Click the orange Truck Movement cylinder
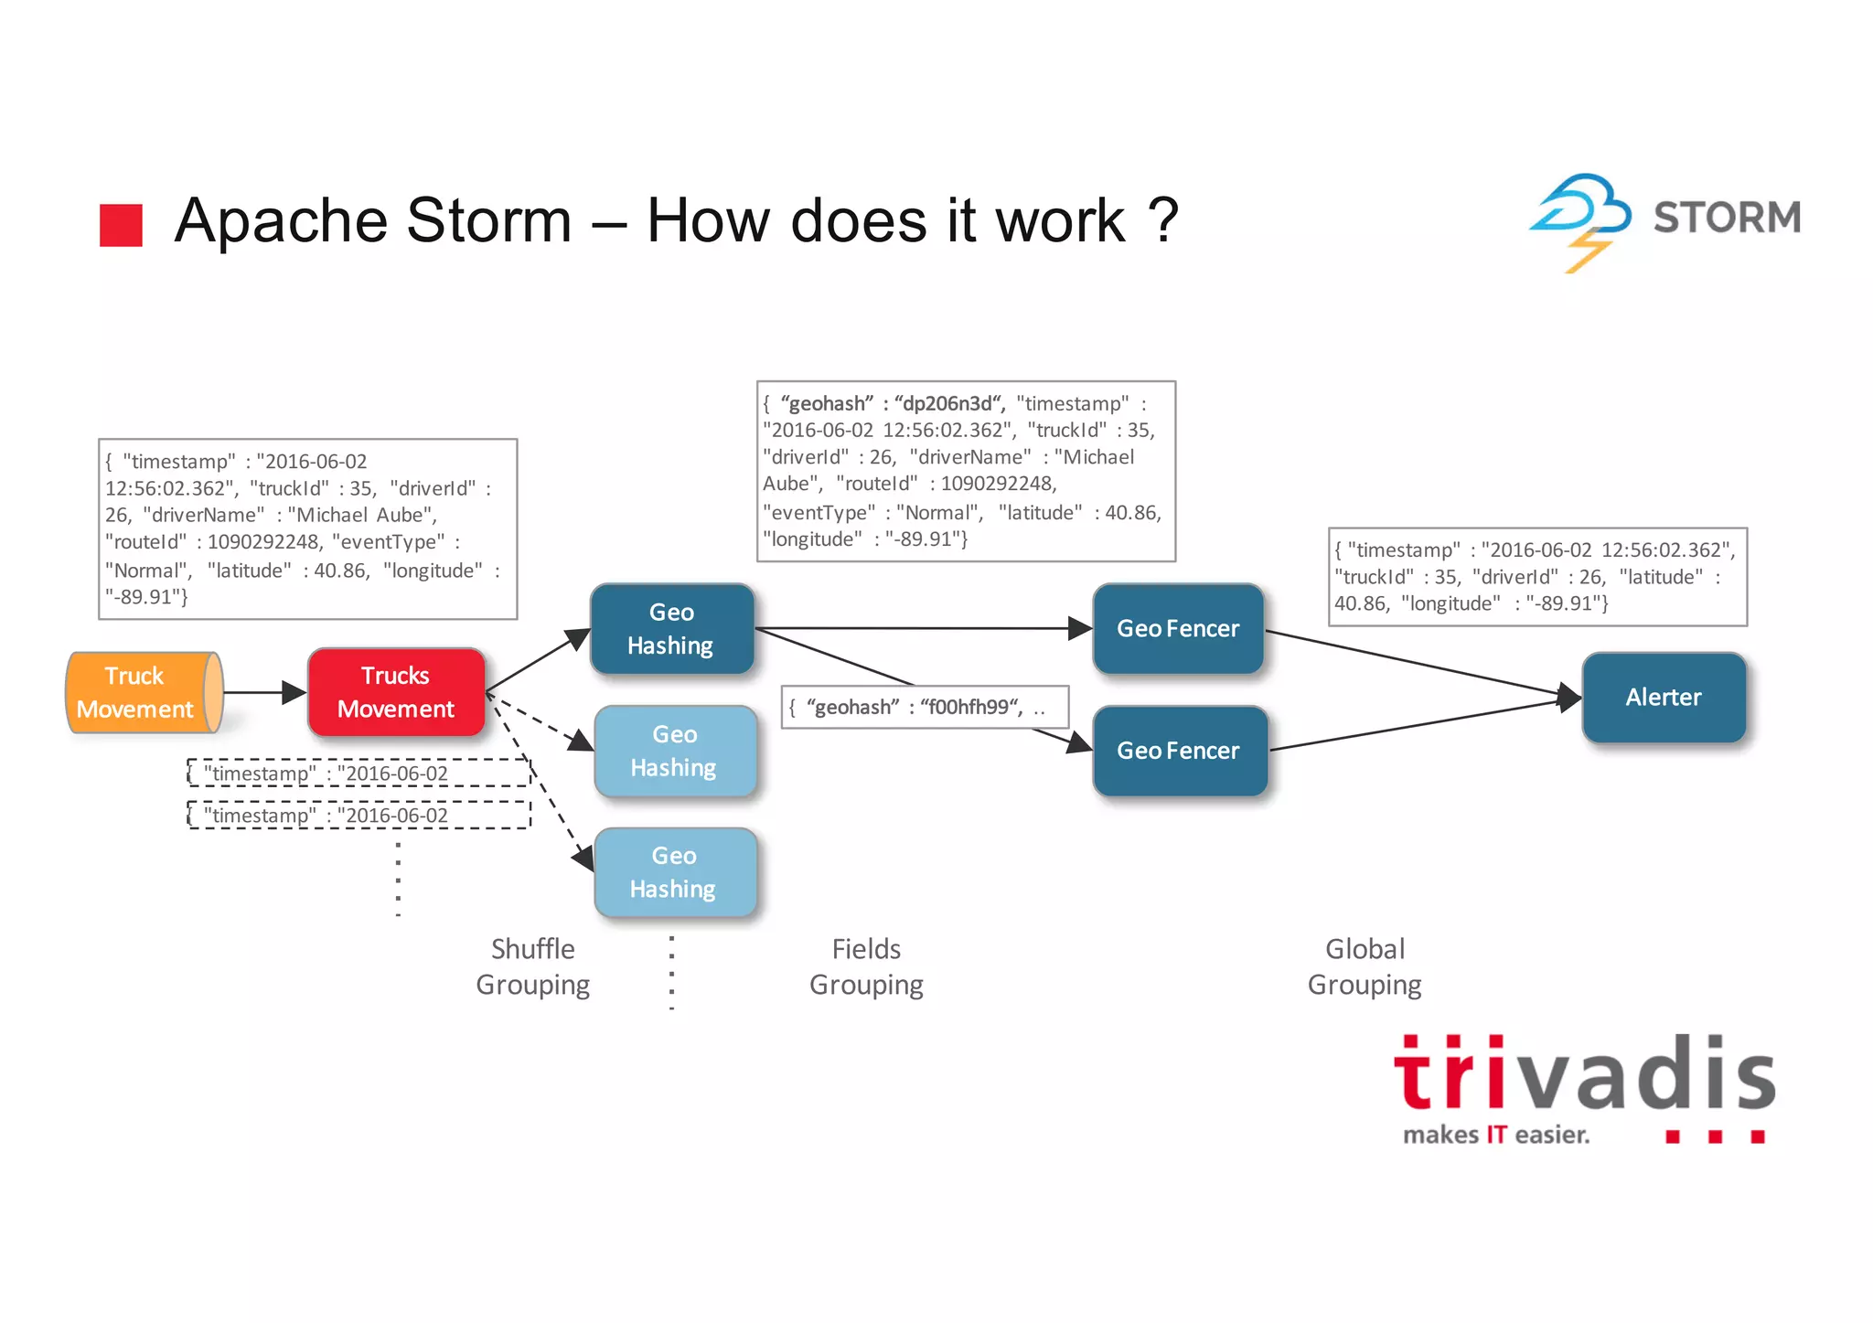click(142, 692)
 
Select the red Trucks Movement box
click(396, 692)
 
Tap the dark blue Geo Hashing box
click(672, 629)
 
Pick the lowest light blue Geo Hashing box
click(675, 872)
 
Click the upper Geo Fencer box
click(1178, 629)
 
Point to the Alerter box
click(1664, 698)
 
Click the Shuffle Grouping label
click(533, 966)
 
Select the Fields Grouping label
click(866, 966)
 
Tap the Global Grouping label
click(1365, 966)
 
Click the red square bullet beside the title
click(121, 225)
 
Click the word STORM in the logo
click(1727, 218)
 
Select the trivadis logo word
click(1584, 1075)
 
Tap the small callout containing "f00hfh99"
click(924, 708)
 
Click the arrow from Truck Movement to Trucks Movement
click(264, 693)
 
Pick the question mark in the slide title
click(1162, 220)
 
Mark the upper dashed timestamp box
click(359, 774)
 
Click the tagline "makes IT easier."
click(1496, 1136)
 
